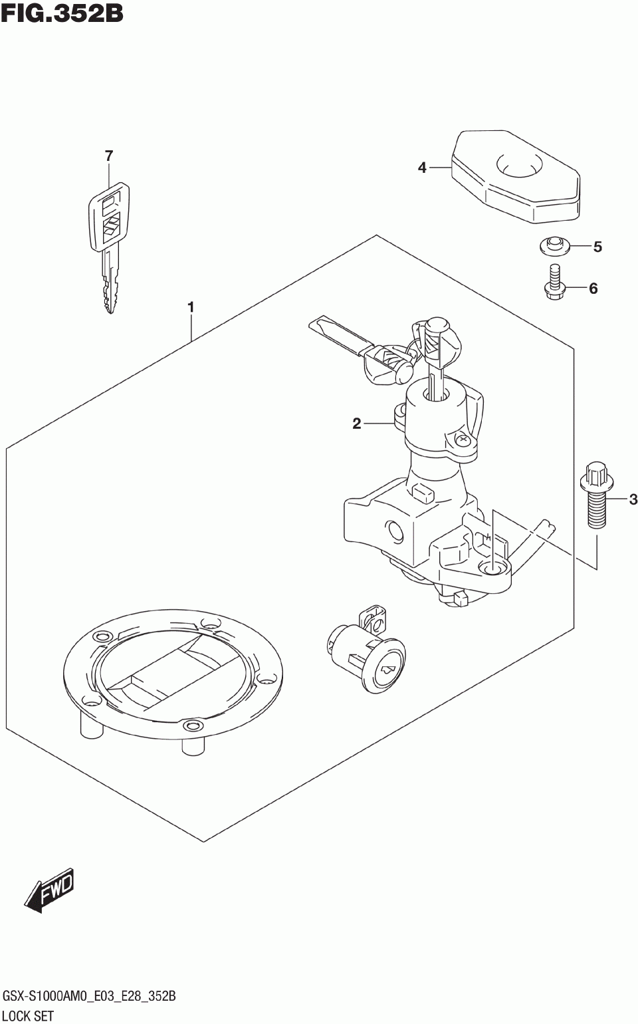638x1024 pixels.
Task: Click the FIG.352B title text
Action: (62, 13)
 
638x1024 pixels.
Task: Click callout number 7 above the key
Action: (109, 156)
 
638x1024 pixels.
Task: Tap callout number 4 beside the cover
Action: (422, 168)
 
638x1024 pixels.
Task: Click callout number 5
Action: (597, 247)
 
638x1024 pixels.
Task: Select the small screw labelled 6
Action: (553, 282)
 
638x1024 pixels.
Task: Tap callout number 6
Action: (593, 288)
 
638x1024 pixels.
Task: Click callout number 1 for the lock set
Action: (191, 307)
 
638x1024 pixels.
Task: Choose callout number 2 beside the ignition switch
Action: (357, 423)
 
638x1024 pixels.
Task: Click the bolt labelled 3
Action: (596, 495)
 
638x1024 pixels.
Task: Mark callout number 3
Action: (633, 499)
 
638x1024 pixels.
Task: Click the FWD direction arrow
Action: (50, 889)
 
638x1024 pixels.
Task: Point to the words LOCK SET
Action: (29, 1015)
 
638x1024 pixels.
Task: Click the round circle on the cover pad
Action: (520, 162)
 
